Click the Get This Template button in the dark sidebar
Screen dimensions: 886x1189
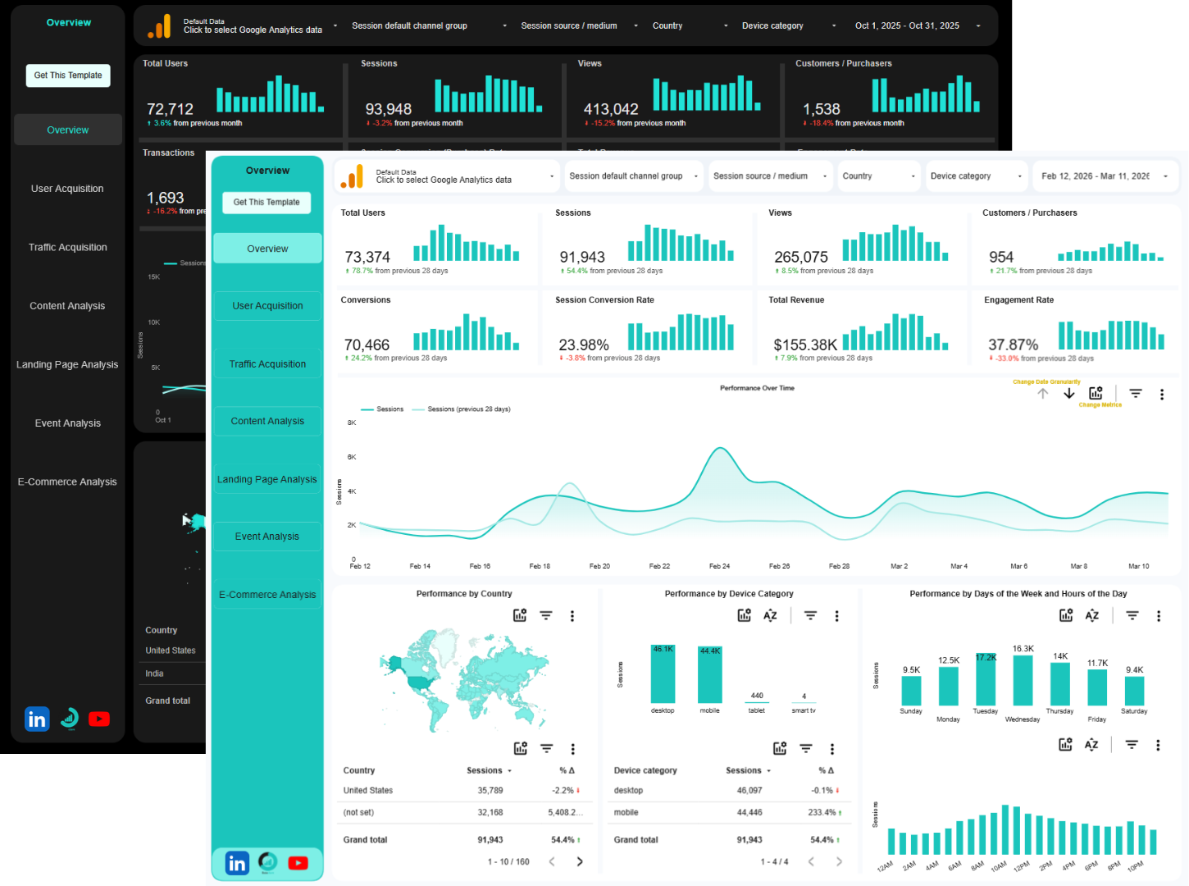pyautogui.click(x=68, y=75)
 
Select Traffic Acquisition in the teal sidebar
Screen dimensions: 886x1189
pyautogui.click(x=267, y=364)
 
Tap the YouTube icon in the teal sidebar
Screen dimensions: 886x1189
pyautogui.click(x=298, y=863)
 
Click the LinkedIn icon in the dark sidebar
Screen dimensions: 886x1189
pyautogui.click(x=37, y=719)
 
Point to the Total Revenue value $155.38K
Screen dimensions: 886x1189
pyautogui.click(x=805, y=345)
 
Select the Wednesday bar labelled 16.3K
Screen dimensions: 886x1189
pyautogui.click(x=1023, y=680)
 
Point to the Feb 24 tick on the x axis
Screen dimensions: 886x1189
pyautogui.click(x=719, y=566)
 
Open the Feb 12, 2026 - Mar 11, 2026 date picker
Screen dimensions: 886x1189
pyautogui.click(x=1104, y=176)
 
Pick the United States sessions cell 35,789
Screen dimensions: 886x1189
pyautogui.click(x=490, y=791)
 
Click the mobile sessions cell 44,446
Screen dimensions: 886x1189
pyautogui.click(x=749, y=813)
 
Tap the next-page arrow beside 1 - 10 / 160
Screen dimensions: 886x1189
pyautogui.click(x=580, y=861)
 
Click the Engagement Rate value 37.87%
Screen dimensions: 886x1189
pyautogui.click(x=1013, y=345)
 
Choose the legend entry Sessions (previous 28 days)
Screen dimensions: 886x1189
pyautogui.click(x=468, y=409)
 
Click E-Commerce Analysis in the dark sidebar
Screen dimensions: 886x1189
pyautogui.click(x=67, y=482)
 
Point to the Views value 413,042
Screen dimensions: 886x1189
pyautogui.click(x=610, y=110)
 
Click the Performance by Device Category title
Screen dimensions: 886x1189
pyautogui.click(x=729, y=594)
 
